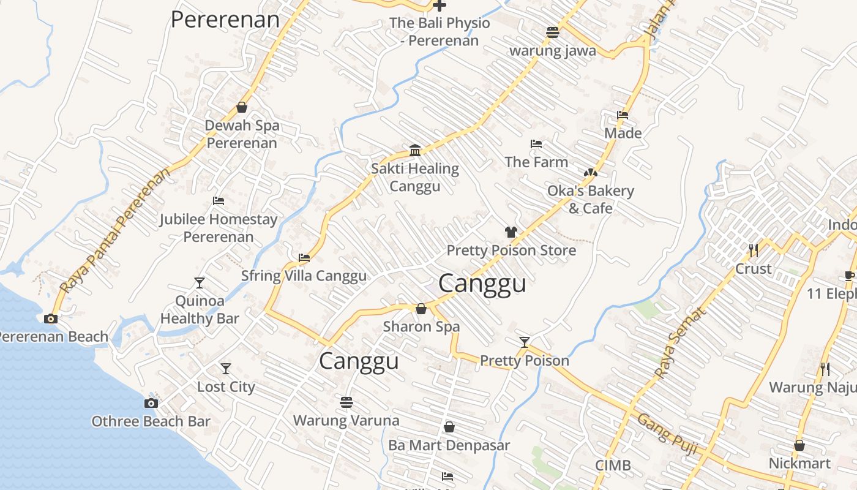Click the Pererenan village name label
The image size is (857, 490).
[x=225, y=20]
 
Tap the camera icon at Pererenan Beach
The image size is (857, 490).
[x=51, y=318]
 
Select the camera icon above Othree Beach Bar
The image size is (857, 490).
[x=151, y=403]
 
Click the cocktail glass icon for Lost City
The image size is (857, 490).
[x=226, y=369]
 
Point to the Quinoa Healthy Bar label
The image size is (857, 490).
[x=200, y=310]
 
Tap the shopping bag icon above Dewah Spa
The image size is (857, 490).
[x=242, y=107]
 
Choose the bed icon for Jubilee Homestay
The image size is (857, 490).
[x=219, y=201]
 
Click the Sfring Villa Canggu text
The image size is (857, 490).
[x=304, y=276]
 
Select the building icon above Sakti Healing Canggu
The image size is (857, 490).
[x=415, y=150]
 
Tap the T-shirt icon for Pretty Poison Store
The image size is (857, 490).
[x=511, y=232]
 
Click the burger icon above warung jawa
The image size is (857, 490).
[x=553, y=32]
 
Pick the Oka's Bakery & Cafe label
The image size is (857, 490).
[x=590, y=200]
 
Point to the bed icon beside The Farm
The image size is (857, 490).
[x=536, y=144]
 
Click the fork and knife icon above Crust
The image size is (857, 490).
[x=754, y=250]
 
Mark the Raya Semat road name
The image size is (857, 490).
[x=680, y=342]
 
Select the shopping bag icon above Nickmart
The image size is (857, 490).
[x=799, y=445]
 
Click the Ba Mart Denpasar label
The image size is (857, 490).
[x=449, y=445]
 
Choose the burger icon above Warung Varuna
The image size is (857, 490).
[x=346, y=402]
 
